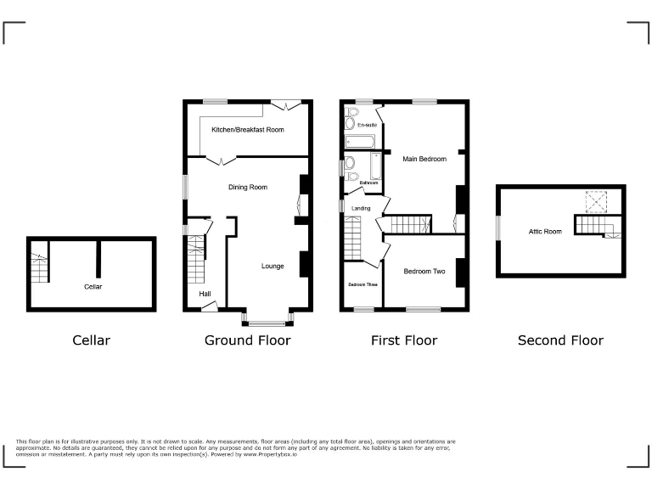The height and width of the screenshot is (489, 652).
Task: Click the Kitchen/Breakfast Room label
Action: point(247,130)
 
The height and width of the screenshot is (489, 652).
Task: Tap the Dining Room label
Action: point(248,187)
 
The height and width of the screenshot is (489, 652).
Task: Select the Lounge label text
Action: point(273,266)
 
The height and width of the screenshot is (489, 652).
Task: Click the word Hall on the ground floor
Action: point(205,294)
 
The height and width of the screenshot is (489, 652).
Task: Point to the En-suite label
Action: point(367,125)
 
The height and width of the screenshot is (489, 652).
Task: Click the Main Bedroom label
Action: point(424,159)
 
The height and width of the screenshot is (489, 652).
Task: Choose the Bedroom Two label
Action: point(424,272)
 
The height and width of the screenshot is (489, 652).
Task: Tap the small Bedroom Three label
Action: point(363,284)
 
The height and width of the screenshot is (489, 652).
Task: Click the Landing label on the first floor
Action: point(362,207)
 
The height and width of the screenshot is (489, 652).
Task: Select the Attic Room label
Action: point(545,231)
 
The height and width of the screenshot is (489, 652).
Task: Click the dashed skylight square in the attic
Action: point(596,200)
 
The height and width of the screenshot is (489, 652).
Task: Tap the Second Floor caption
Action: point(560,340)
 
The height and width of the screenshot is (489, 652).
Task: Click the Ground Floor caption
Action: point(247,340)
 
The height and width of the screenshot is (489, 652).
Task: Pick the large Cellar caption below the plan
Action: point(91,340)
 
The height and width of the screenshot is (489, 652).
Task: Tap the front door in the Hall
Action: point(209,306)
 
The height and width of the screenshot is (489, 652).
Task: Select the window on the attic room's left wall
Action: point(498,227)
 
